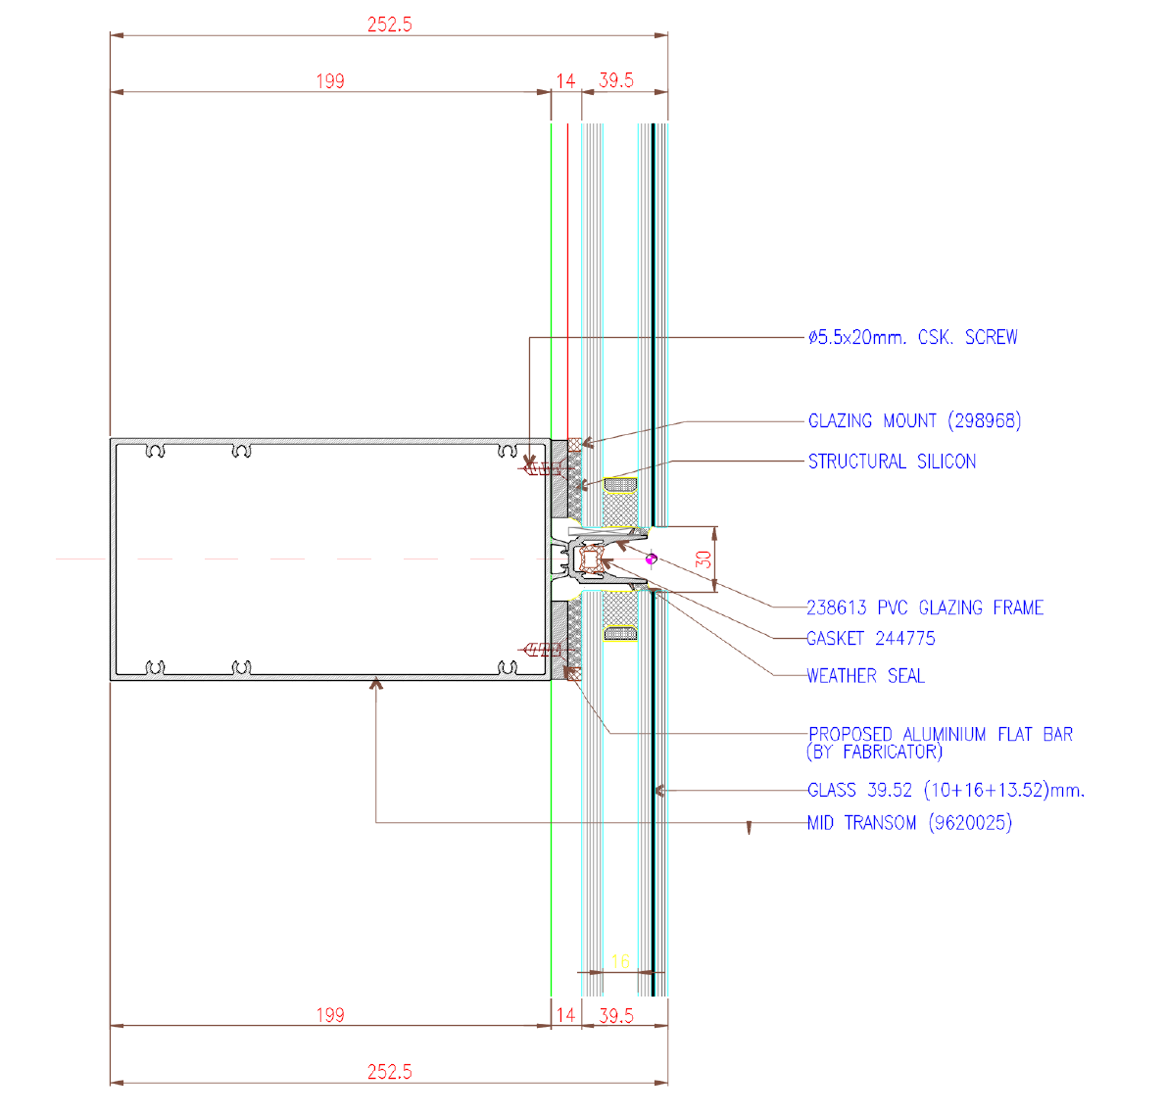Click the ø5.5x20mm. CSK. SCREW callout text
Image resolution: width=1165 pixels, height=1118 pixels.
[913, 337]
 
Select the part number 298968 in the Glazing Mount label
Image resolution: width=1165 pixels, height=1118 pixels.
[985, 420]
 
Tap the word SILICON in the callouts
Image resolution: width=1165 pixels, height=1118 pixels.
[947, 462]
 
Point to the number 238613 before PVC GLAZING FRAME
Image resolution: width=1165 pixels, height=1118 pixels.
[837, 608]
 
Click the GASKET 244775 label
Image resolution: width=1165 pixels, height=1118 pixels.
[871, 638]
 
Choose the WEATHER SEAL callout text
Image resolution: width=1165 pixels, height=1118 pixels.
[865, 676]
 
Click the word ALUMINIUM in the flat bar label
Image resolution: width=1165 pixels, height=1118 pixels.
[945, 734]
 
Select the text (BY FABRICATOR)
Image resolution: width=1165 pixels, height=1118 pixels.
[875, 752]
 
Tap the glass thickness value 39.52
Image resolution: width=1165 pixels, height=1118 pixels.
[890, 790]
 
